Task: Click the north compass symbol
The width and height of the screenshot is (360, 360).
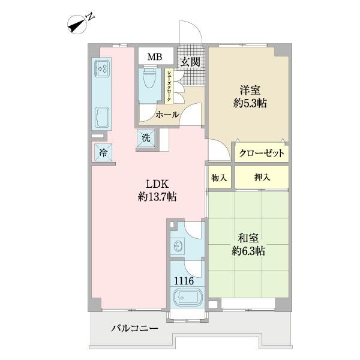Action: click(x=77, y=25)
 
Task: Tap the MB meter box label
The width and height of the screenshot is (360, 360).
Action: click(x=155, y=56)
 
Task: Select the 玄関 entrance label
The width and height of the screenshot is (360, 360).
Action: click(x=190, y=62)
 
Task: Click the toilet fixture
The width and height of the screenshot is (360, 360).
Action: click(x=149, y=77)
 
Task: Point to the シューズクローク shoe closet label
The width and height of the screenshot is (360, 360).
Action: click(x=169, y=86)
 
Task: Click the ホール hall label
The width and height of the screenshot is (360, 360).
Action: click(x=167, y=115)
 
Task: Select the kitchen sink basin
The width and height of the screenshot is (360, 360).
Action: click(x=102, y=118)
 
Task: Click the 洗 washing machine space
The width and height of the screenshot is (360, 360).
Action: click(x=146, y=138)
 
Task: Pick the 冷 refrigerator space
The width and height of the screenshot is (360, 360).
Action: click(x=103, y=152)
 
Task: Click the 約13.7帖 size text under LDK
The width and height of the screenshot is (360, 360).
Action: click(x=157, y=197)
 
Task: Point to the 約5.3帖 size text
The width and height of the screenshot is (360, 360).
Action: click(x=250, y=104)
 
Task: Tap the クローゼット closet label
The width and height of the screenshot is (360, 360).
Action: click(x=261, y=153)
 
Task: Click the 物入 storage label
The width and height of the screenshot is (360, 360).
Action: click(x=219, y=178)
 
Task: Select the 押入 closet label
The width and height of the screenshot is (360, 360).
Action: click(x=262, y=178)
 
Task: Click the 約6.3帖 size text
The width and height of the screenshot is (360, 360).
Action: click(x=248, y=251)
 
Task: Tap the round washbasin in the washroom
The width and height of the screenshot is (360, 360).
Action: click(x=179, y=247)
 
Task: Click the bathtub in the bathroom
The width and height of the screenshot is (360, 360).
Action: click(x=188, y=298)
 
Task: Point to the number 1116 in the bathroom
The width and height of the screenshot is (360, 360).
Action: click(x=184, y=281)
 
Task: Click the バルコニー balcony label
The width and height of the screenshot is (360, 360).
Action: click(x=135, y=328)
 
